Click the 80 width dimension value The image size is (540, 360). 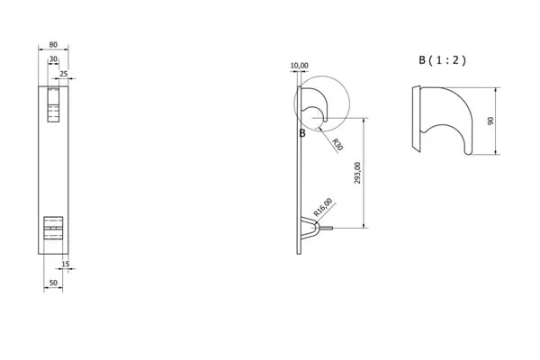tap(53, 44)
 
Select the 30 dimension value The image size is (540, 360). tap(53, 58)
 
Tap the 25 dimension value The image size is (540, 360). tap(64, 74)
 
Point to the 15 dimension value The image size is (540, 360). tap(66, 264)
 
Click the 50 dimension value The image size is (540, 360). tap(53, 283)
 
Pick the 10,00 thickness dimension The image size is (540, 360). tap(300, 66)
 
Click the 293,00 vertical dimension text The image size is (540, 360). tap(357, 173)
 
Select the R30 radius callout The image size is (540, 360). tap(337, 144)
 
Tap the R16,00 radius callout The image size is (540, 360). tap(323, 207)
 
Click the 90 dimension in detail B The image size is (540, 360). tap(490, 121)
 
